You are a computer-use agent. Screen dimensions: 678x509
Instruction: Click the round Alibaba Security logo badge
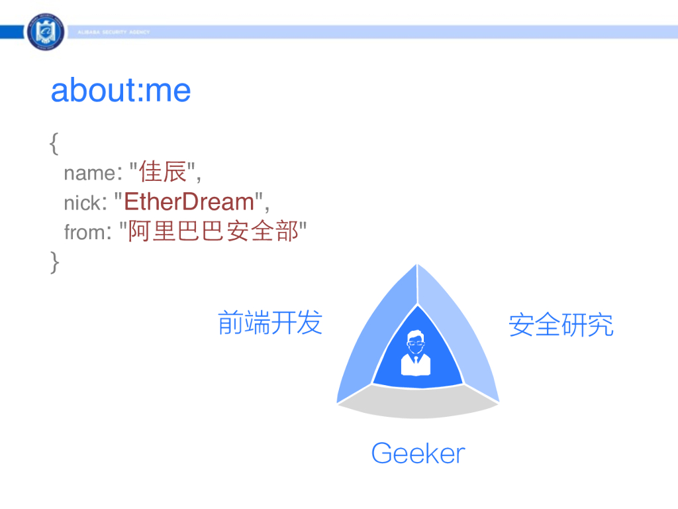click(46, 32)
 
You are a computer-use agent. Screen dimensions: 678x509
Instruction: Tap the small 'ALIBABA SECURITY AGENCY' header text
click(114, 32)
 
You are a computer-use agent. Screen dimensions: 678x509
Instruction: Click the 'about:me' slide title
click(121, 90)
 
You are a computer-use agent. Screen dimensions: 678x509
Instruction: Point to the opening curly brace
click(54, 144)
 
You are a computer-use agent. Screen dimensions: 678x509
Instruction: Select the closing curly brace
click(54, 262)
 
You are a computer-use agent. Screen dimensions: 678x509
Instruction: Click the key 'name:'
click(90, 173)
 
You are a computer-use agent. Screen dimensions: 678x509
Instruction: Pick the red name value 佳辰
click(163, 172)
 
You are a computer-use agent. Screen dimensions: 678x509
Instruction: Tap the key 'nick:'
click(85, 203)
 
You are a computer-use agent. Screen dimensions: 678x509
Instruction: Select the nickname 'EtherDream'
click(189, 201)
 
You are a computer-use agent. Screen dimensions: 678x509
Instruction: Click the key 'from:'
click(88, 232)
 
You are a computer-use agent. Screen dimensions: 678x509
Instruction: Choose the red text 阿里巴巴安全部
click(214, 231)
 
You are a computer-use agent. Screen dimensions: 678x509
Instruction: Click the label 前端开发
click(270, 323)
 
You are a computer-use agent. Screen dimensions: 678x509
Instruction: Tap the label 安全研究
click(561, 325)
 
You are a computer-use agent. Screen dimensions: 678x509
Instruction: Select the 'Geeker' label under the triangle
click(418, 453)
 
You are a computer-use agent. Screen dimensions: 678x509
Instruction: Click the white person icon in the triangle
click(416, 353)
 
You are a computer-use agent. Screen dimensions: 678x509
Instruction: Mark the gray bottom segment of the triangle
click(418, 403)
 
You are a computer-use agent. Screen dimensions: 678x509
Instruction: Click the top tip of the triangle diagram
click(417, 264)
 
